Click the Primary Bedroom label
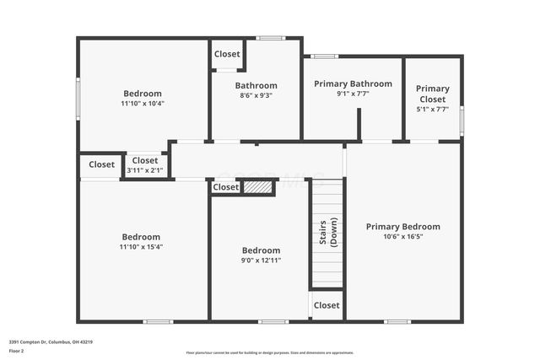tap(402, 226)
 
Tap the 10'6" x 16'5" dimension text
tap(402, 236)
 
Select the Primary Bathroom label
tap(353, 83)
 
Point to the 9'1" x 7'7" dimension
tap(353, 94)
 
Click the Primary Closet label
tap(432, 94)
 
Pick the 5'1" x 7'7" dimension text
tap(432, 109)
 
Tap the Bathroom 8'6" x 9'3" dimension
tap(256, 95)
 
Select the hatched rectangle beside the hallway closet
tap(258, 187)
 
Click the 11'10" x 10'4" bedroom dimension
tap(142, 104)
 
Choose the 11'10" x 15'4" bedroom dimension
tap(141, 247)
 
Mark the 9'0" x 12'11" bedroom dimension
tap(261, 261)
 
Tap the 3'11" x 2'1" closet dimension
tap(144, 170)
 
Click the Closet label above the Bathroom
tap(227, 54)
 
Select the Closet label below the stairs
tap(327, 305)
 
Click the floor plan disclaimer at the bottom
tap(270, 352)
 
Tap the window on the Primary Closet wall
tap(462, 121)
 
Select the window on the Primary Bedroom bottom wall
tap(397, 321)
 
